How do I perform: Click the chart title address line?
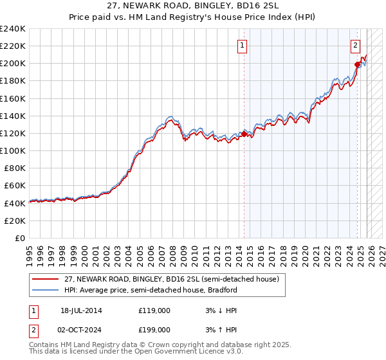(x=192, y=6)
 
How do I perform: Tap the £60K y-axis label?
(x=15, y=185)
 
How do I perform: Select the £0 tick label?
(x=21, y=238)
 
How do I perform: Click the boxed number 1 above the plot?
(x=242, y=45)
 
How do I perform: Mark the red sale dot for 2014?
(x=244, y=134)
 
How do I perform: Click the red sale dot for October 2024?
(x=357, y=64)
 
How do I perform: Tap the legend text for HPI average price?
(x=150, y=290)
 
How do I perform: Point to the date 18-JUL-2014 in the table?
(x=81, y=310)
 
